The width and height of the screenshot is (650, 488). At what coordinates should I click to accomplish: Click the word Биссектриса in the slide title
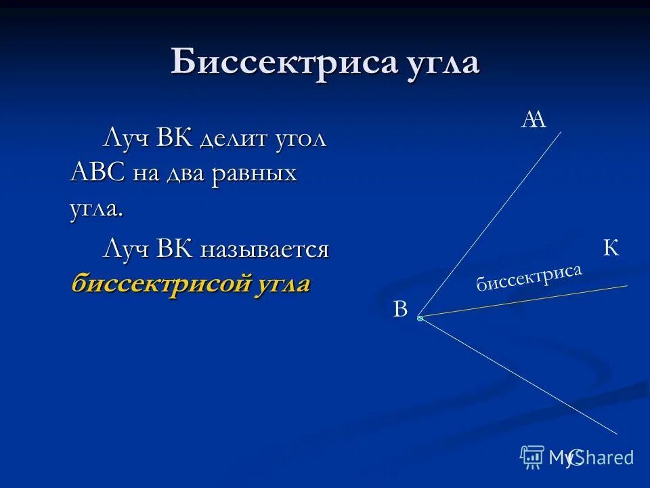pyautogui.click(x=282, y=62)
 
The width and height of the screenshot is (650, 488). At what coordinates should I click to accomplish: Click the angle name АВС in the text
pyautogui.click(x=97, y=173)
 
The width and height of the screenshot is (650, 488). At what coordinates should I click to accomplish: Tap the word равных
pyautogui.click(x=255, y=174)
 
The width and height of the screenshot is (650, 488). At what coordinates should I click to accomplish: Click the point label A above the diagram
pyautogui.click(x=534, y=119)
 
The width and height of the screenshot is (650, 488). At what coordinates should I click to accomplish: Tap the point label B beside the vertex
pyautogui.click(x=400, y=310)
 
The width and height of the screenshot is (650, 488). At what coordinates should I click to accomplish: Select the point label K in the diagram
pyautogui.click(x=611, y=249)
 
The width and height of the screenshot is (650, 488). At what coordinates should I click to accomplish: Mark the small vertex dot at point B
pyautogui.click(x=420, y=317)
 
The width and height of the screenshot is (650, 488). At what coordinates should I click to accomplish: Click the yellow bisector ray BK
pyautogui.click(x=528, y=300)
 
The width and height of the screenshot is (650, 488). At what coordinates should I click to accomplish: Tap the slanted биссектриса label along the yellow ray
pyautogui.click(x=529, y=277)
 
